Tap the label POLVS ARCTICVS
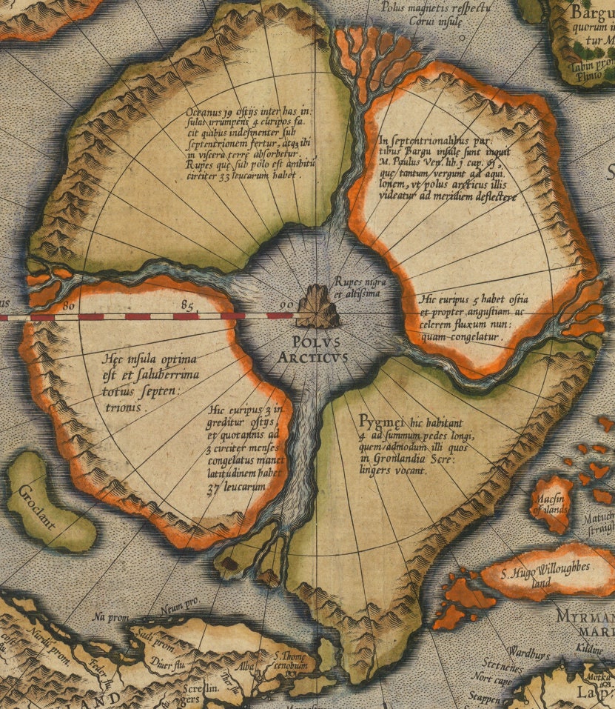(315, 350)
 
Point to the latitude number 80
(71, 304)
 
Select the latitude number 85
(187, 304)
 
